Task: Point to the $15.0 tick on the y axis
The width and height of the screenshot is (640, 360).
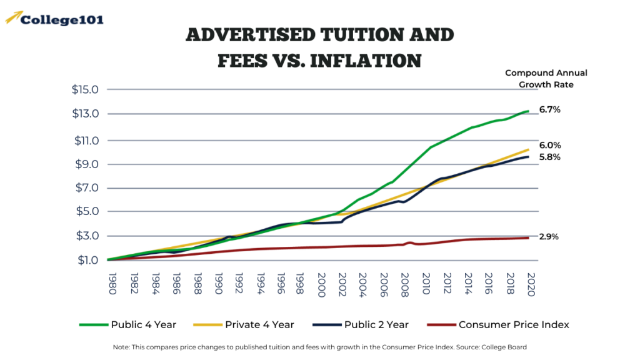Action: click(85, 89)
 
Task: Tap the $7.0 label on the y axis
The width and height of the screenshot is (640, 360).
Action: click(85, 188)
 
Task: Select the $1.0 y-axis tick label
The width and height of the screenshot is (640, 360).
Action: click(85, 260)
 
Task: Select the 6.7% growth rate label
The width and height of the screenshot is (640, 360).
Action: click(549, 109)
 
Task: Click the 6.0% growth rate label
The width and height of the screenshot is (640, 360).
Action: click(549, 145)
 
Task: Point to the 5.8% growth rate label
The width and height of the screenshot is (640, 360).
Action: click(549, 157)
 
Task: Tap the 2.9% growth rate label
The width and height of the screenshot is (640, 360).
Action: click(549, 237)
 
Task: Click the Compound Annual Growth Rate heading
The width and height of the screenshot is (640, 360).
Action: click(546, 79)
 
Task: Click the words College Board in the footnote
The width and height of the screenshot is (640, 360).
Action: click(506, 347)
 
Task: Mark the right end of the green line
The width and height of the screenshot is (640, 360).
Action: click(529, 111)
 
